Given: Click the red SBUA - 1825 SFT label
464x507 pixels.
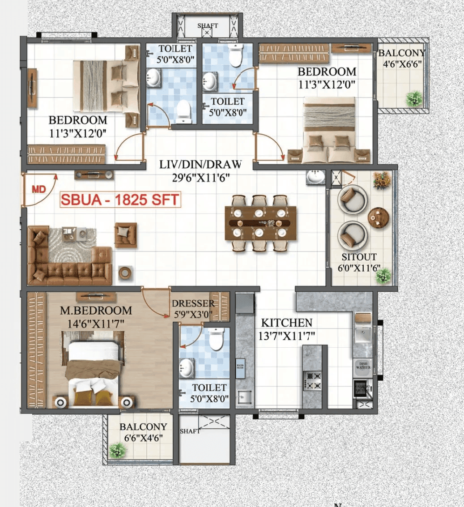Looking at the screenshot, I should coord(120,200).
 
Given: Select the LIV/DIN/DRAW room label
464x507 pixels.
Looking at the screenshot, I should coord(200,165).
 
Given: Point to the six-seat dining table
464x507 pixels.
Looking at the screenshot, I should coord(261,222).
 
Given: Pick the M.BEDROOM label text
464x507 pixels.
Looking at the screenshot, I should coord(96,311).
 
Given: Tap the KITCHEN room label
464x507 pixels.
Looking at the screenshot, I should coord(286,323).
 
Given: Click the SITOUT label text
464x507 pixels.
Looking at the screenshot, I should coord(359,257).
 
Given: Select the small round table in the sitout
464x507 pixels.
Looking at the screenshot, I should coord(379,217).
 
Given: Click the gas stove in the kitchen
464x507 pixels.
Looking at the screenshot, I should coord(312,380).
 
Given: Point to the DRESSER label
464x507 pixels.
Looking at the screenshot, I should coord(193,304).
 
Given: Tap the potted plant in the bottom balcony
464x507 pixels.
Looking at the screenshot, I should coord(117,449).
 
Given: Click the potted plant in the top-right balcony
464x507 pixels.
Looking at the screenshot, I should coord(414,98).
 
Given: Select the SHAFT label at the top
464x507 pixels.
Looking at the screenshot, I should coord(208,26).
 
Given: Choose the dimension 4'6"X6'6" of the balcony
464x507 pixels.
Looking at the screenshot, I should coord(401,64).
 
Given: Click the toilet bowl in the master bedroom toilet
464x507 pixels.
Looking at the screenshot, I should coord(216,340).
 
